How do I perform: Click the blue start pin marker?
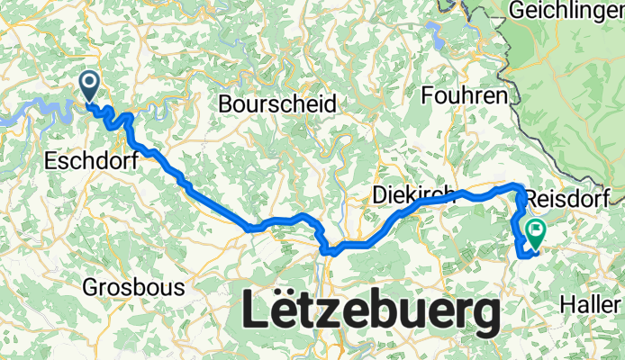click(91, 86)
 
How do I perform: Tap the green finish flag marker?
click(535, 233)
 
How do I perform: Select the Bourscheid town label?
click(277, 104)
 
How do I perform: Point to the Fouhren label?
click(466, 94)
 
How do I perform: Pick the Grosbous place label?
click(133, 288)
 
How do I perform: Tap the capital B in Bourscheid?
click(225, 104)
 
